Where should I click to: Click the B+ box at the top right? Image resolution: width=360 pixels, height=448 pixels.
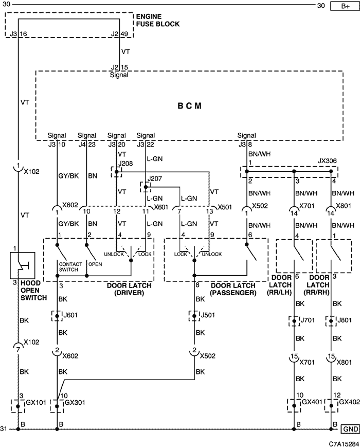pos(345,6)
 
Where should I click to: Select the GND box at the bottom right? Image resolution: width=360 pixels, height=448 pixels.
pos(350,429)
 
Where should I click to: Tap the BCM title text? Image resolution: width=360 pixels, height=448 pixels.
pos(189,106)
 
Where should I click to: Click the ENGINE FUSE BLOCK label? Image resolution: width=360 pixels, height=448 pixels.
pos(158,20)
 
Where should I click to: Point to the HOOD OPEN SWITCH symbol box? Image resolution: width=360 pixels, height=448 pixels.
pos(23,265)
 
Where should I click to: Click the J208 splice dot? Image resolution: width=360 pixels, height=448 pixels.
pos(116,172)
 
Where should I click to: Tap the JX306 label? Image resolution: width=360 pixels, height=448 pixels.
pos(327,161)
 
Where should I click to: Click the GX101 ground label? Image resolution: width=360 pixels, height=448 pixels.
pos(36,403)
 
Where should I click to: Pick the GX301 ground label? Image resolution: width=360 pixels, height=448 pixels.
pos(75,403)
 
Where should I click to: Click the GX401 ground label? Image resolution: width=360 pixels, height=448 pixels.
pos(312,402)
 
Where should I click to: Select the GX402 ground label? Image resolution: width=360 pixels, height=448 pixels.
pos(349,402)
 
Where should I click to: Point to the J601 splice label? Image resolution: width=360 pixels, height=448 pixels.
pos(70,315)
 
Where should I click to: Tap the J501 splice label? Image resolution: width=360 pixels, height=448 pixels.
pos(208,315)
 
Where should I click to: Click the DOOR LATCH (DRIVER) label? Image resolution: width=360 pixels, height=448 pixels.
pos(129,289)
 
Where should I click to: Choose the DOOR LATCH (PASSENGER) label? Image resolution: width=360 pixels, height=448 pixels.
pos(233,289)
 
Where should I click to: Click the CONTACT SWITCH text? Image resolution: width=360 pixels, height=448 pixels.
pos(70,267)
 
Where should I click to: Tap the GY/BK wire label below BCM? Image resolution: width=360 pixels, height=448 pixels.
pos(68,176)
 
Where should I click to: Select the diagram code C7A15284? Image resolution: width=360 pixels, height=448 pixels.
pos(344,444)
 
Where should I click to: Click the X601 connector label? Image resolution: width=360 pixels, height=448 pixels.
pos(161,207)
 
